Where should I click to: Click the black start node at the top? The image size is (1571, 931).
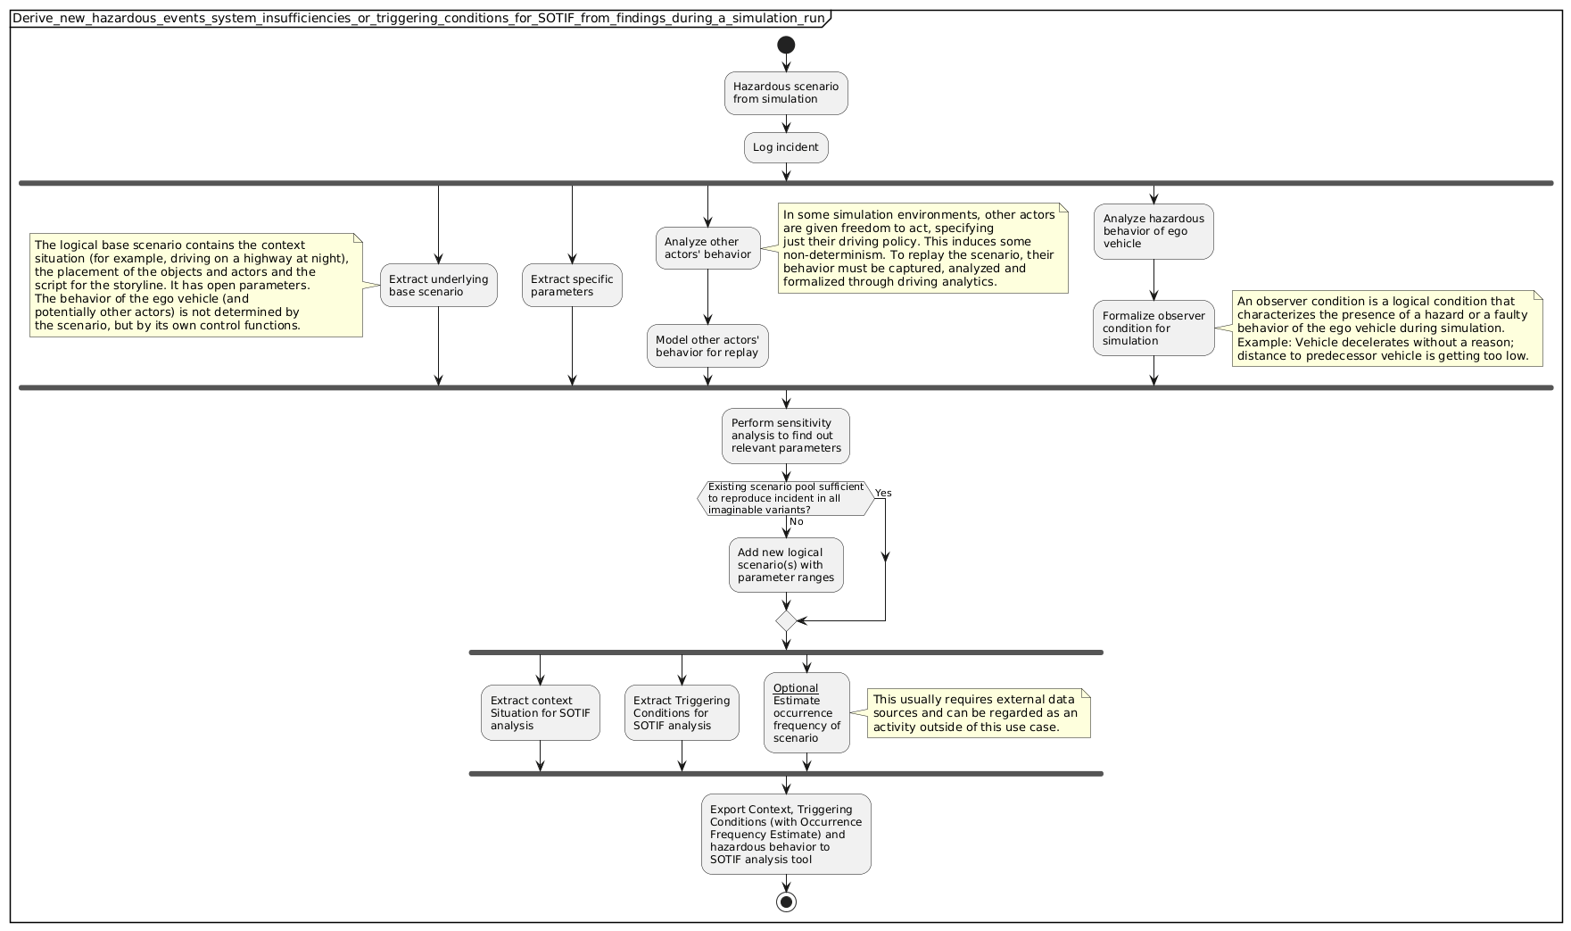point(786,46)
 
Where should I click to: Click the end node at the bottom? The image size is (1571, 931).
point(786,901)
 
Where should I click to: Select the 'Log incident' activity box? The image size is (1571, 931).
point(786,147)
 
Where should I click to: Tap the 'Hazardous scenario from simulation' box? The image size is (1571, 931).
point(786,93)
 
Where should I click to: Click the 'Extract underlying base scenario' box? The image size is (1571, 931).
point(438,286)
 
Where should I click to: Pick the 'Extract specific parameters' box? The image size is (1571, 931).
point(572,286)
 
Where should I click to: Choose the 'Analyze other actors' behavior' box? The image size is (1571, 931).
point(707,248)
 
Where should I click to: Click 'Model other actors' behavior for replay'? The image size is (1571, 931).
point(707,346)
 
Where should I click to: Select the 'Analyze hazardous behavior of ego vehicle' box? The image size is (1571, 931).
point(1153,231)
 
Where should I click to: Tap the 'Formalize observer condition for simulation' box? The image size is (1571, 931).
point(1153,328)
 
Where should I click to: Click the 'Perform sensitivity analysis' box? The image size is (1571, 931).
point(786,436)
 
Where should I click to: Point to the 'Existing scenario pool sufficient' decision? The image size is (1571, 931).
point(785,498)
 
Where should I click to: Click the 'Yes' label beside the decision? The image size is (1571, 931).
point(883,493)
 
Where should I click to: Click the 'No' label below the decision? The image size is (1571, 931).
point(797,522)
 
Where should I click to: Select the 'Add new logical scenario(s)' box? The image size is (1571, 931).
point(786,565)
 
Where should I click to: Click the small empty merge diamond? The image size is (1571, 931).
point(786,620)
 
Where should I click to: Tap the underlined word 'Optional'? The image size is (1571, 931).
point(796,688)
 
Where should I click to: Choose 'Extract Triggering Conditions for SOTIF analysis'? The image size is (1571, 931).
point(682,713)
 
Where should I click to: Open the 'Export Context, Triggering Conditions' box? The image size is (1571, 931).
point(786,835)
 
